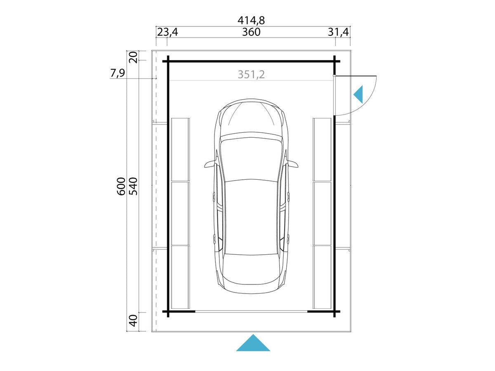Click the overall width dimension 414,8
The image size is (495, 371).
[x=251, y=21]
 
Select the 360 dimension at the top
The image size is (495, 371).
[x=251, y=32]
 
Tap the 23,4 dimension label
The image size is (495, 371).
[x=167, y=32]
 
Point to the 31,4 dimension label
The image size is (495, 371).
[x=338, y=32]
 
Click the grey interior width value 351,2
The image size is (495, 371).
[x=251, y=75]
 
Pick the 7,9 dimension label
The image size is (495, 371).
[x=117, y=73]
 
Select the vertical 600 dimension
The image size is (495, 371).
[x=121, y=186]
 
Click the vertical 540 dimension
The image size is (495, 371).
[x=133, y=186]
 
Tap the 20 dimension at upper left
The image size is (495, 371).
[x=133, y=57]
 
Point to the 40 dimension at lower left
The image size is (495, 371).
[x=133, y=321]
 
